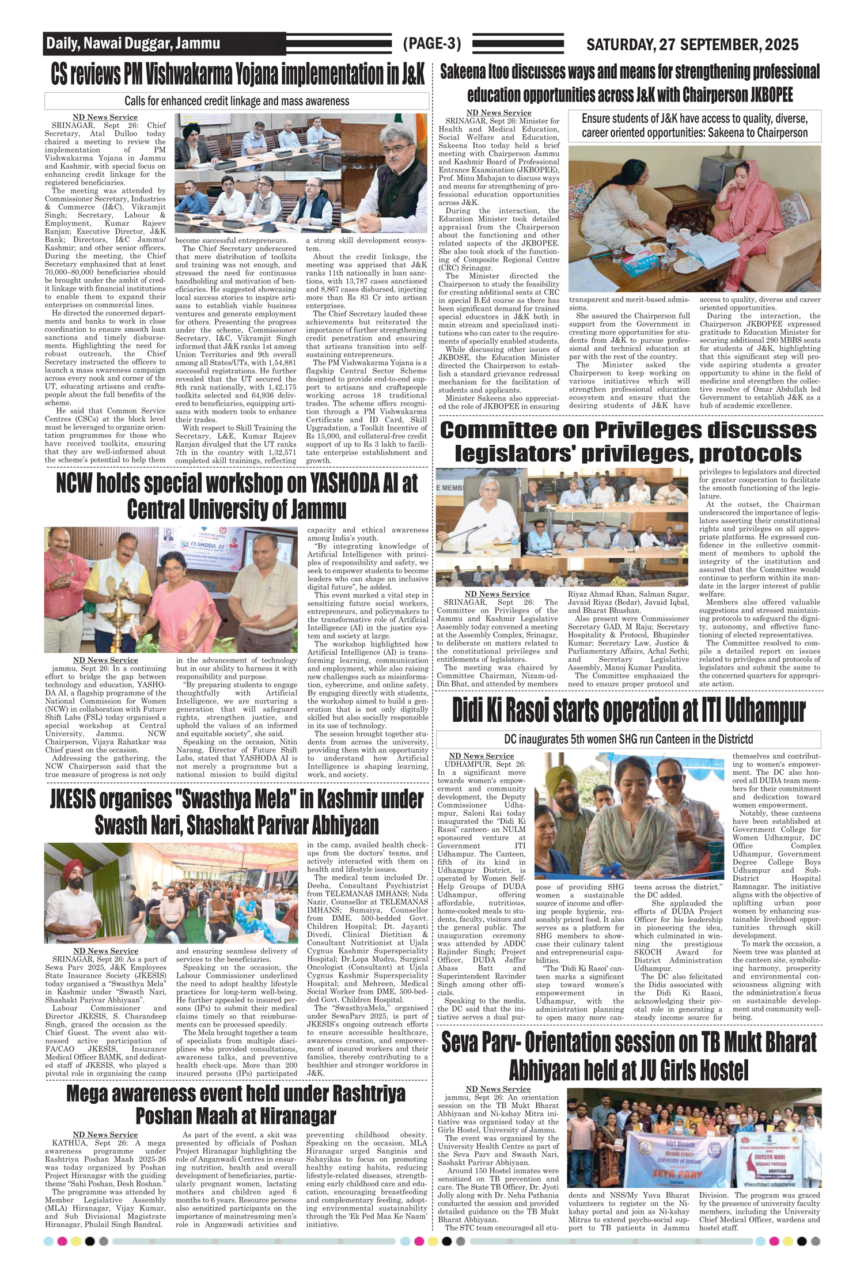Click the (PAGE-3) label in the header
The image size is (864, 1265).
point(432,44)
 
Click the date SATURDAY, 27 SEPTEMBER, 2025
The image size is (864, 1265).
point(692,44)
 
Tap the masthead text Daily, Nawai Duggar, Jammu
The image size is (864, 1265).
point(133,43)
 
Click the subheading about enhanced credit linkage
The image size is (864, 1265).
point(237,101)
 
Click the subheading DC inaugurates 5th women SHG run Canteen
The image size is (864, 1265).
point(628,739)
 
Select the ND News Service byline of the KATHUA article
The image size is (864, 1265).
point(105,1134)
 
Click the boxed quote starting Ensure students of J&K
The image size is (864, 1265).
point(694,126)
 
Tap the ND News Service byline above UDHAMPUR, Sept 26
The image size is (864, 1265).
point(481,756)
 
